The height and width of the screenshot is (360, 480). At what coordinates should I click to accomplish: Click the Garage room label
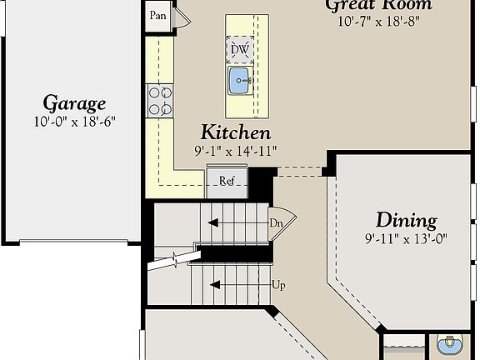click(74, 103)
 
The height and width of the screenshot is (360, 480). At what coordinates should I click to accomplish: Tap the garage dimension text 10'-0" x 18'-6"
click(74, 121)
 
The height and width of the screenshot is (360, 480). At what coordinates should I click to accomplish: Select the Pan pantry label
click(157, 16)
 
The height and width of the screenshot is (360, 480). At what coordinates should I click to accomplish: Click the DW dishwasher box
click(240, 49)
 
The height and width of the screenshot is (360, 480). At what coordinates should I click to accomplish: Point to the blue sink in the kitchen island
click(239, 82)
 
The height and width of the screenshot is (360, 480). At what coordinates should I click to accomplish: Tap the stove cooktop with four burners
click(159, 100)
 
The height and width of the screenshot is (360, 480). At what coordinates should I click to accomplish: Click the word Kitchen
click(235, 132)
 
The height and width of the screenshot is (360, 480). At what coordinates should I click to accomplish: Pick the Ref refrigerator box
click(227, 181)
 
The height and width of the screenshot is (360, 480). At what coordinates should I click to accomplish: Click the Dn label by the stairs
click(276, 222)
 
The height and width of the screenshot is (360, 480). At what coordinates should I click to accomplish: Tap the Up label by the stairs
click(279, 285)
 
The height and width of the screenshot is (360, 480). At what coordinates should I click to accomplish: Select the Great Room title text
click(378, 6)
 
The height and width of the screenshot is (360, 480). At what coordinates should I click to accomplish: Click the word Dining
click(406, 220)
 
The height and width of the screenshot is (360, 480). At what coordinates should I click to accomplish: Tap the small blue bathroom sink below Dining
click(450, 344)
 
